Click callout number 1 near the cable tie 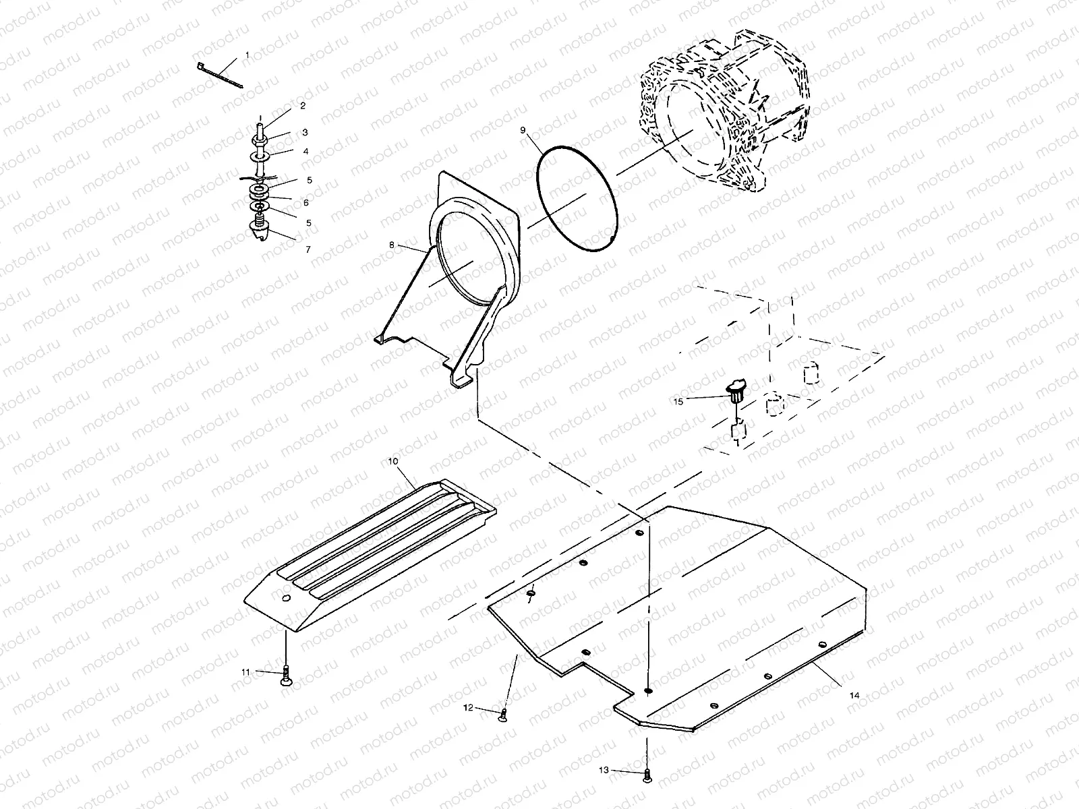click(247, 54)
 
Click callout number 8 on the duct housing click(391, 245)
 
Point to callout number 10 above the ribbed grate click(394, 460)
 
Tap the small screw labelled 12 click(502, 716)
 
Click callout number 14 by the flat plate click(855, 695)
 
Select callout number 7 click(308, 249)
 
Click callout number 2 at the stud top click(303, 106)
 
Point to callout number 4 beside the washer click(305, 152)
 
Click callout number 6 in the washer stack click(305, 202)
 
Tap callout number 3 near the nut click(305, 132)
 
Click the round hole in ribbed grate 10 click(287, 598)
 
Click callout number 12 click(468, 707)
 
